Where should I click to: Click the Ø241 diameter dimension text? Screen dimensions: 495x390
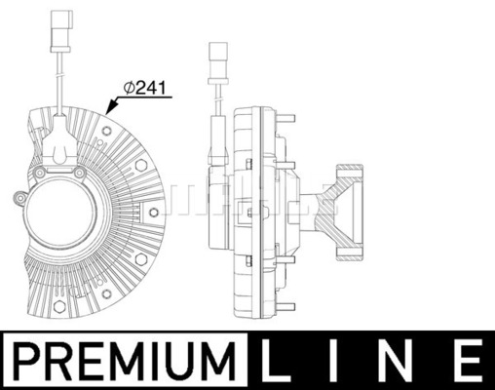point(145,88)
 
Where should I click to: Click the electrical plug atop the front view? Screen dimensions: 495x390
point(60,31)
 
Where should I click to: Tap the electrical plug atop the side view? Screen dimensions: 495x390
point(218,62)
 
